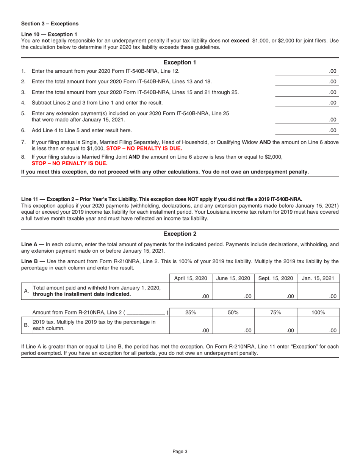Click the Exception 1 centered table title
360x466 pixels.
pos(180,62)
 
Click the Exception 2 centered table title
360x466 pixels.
pos(180,234)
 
